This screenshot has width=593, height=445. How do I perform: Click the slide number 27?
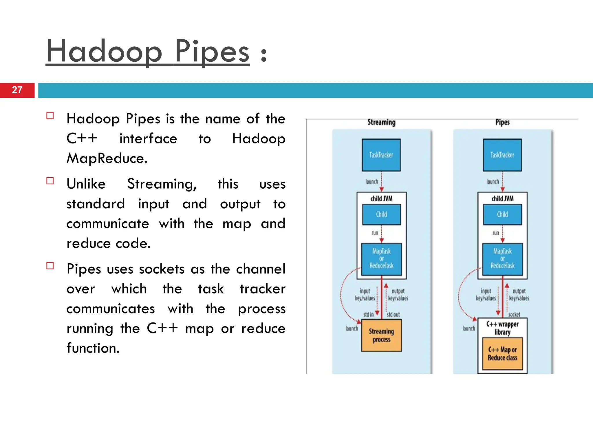17,90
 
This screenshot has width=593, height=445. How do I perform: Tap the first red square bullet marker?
50,116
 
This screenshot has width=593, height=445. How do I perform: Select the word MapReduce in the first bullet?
107,158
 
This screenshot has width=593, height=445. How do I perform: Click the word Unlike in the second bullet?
86,184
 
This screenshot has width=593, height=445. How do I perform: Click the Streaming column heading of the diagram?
381,122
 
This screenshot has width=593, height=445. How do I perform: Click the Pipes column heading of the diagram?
502,122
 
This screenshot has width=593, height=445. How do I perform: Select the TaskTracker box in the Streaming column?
381,155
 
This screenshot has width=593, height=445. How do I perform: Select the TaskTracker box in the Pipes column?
502,155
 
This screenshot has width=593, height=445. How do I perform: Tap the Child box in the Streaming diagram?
381,214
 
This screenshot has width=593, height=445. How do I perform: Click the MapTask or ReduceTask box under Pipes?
502,259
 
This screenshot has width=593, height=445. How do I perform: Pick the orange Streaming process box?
381,335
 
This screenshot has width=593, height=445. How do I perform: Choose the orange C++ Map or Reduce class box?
502,354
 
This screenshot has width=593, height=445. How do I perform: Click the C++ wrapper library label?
502,328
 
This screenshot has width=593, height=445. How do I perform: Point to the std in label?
368,314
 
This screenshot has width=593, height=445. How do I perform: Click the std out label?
393,314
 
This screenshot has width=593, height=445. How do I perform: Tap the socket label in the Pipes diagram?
514,314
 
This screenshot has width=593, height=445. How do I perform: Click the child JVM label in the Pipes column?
502,198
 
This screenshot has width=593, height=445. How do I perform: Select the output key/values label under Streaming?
398,295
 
